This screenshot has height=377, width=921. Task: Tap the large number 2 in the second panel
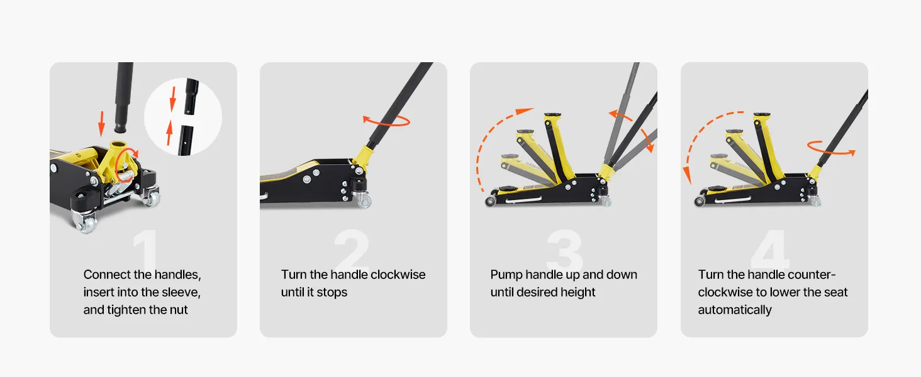tap(352, 248)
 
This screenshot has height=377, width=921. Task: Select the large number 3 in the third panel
tap(564, 249)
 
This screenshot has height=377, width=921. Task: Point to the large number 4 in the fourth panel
tap(770, 248)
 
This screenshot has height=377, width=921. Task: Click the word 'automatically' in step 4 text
tap(735, 310)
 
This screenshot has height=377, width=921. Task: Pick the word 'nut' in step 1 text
tap(178, 310)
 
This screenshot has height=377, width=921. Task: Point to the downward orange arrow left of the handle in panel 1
tap(101, 123)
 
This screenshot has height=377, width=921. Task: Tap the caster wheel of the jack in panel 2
tap(364, 201)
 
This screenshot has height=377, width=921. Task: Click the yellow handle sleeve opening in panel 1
tap(119, 145)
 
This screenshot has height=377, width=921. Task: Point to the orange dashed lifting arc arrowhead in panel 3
tap(525, 111)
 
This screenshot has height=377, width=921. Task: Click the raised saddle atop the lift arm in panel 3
tap(554, 116)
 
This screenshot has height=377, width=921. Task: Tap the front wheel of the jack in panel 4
tap(699, 201)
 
